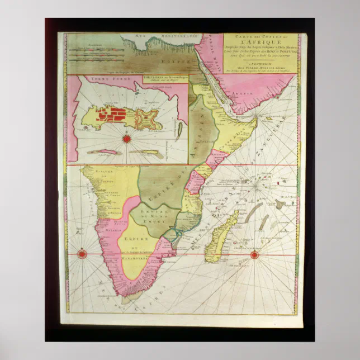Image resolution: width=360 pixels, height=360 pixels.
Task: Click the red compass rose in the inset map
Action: [126, 137]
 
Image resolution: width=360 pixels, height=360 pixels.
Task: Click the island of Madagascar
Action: [219, 238]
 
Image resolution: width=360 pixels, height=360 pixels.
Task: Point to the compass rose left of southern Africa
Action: [82, 254]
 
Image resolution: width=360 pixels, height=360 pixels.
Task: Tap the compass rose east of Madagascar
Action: [254, 255]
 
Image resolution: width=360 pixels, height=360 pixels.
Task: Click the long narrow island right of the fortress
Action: [181, 132]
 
